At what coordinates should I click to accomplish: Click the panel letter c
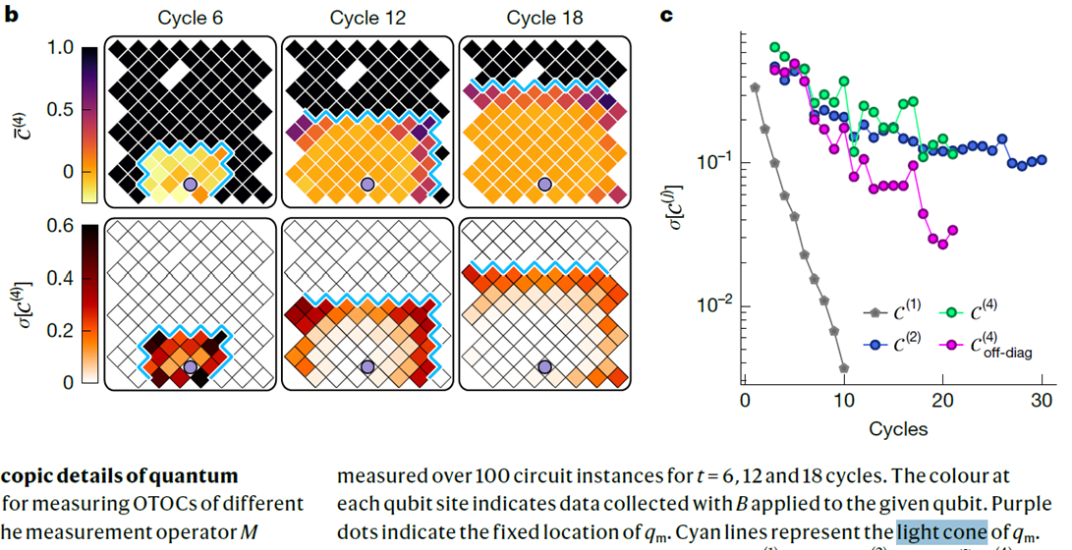(x=666, y=15)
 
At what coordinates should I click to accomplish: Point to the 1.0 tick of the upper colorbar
(x=60, y=48)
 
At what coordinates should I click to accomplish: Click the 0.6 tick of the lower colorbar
(x=60, y=226)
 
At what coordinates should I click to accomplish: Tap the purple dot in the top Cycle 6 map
(x=191, y=185)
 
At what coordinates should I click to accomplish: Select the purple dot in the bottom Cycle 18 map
(x=544, y=366)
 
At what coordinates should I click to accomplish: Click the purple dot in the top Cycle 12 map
(x=367, y=185)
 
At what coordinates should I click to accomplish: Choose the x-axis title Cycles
(x=898, y=428)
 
